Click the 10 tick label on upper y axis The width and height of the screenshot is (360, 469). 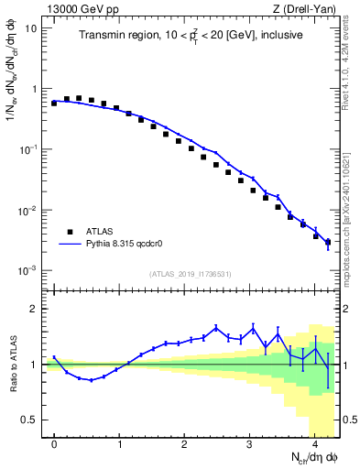point(31,28)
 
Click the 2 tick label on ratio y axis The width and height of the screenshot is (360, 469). point(34,309)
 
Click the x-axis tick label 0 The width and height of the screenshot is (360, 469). point(54,443)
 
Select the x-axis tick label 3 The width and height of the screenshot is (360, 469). point(250,443)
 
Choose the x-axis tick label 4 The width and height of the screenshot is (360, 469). point(315,443)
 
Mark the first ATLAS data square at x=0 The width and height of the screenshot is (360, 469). point(54,104)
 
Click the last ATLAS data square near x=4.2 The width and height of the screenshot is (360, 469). point(328,243)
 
